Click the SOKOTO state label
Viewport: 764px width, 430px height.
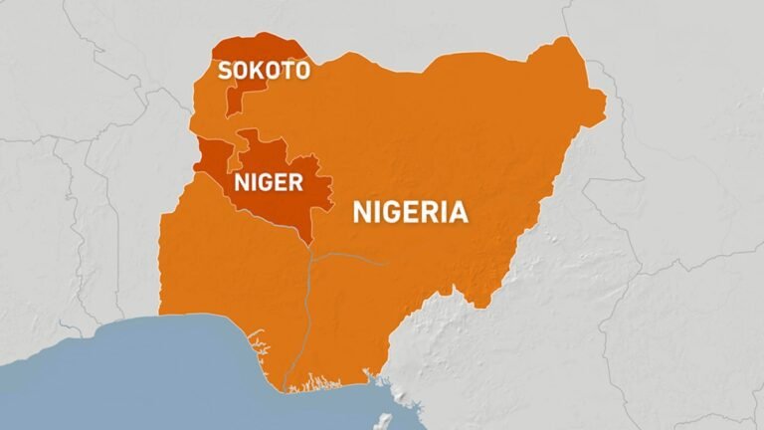(x=264, y=70)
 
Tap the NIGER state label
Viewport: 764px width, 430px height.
(x=267, y=183)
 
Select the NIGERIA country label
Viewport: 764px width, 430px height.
(x=410, y=211)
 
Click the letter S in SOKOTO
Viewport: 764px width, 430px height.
(x=225, y=70)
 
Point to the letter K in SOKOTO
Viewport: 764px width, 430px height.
(x=257, y=70)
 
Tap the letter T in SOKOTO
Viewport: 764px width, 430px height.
(x=286, y=70)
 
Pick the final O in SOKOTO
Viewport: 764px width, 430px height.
(x=301, y=70)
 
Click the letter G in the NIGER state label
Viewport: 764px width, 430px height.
(x=265, y=183)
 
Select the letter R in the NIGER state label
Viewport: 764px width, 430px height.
(x=295, y=183)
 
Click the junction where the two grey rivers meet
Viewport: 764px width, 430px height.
(x=310, y=256)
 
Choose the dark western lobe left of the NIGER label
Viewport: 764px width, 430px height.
(x=213, y=159)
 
